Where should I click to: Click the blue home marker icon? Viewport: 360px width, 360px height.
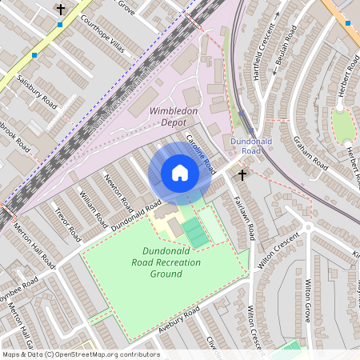(x=180, y=173)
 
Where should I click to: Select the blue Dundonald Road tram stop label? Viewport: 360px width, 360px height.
(x=246, y=146)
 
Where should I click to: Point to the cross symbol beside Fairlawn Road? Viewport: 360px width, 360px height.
(x=242, y=173)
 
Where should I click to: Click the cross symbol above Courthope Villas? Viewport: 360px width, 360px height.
(x=61, y=10)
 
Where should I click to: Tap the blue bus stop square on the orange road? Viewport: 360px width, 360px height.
(x=347, y=22)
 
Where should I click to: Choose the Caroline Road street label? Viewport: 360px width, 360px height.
(x=201, y=154)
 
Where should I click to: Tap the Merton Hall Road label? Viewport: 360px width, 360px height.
(x=34, y=245)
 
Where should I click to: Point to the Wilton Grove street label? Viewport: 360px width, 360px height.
(x=307, y=299)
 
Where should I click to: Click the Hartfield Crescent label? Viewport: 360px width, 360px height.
(x=260, y=55)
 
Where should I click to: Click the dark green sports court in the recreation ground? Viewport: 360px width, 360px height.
(x=194, y=234)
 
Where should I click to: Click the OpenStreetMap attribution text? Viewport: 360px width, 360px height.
(x=80, y=354)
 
